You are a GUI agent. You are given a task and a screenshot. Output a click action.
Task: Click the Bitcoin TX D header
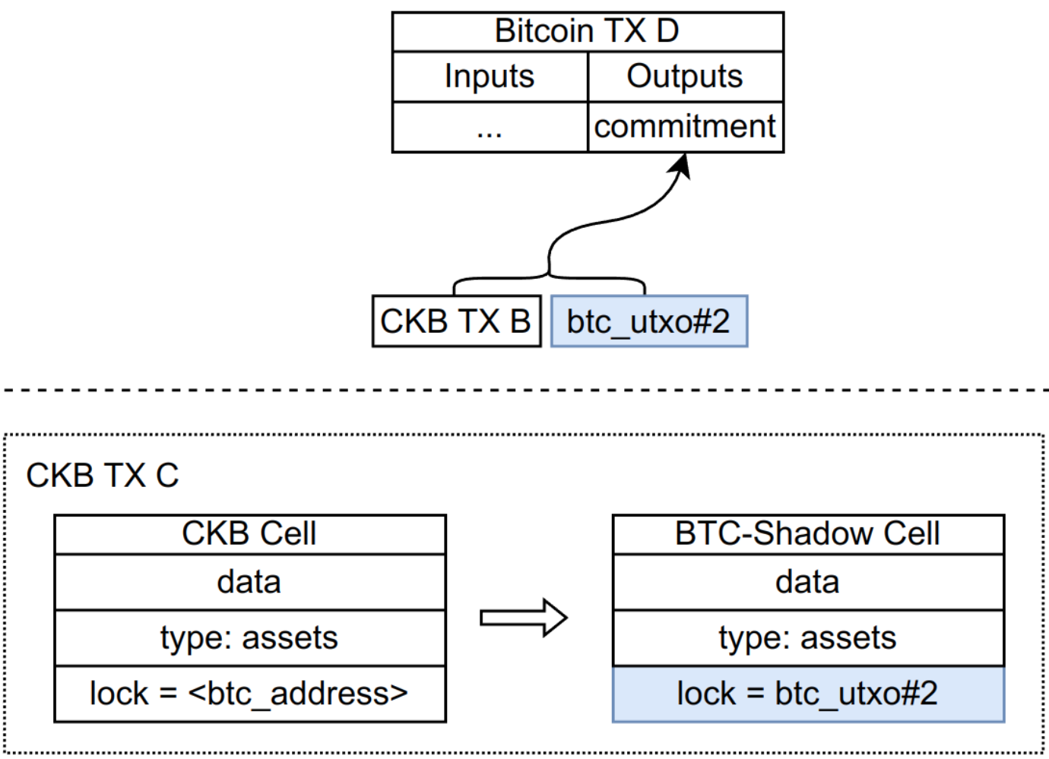tap(588, 31)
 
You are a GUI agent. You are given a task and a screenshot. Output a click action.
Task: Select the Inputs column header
tap(490, 76)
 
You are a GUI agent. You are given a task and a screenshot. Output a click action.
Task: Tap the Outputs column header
tap(686, 76)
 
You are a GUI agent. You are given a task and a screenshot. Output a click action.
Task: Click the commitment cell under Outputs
tap(686, 127)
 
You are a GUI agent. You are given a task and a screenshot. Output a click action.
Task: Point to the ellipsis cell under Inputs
tap(490, 127)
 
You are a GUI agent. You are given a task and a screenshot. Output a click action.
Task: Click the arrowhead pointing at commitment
tap(681, 165)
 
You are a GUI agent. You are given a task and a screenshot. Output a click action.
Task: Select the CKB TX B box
tap(457, 321)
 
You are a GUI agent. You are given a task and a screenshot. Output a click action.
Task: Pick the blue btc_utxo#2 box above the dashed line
tap(649, 321)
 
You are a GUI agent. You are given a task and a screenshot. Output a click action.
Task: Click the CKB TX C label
tap(102, 476)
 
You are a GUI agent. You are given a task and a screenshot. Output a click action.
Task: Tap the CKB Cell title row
tap(250, 534)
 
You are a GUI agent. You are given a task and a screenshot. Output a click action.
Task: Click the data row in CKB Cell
tap(250, 582)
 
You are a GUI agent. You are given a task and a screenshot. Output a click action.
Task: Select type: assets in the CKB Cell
tap(250, 637)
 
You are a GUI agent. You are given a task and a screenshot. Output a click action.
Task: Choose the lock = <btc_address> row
tap(250, 694)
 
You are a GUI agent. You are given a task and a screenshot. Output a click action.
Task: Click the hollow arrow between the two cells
tap(524, 618)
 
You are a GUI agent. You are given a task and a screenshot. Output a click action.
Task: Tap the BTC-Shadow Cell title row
tap(808, 534)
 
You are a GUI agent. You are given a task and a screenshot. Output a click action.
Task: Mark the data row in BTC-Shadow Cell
tap(808, 582)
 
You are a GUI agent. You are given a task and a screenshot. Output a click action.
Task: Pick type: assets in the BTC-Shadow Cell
tap(808, 637)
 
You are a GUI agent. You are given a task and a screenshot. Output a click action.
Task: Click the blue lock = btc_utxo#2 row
tap(808, 694)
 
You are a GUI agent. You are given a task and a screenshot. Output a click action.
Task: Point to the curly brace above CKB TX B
tap(549, 276)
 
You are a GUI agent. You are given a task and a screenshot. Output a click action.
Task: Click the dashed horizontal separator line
tap(525, 390)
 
